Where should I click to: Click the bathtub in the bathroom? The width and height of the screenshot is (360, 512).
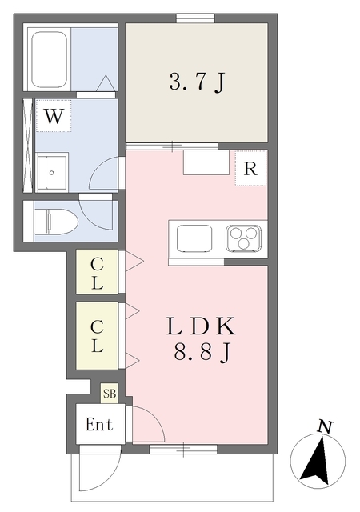[x=50, y=59]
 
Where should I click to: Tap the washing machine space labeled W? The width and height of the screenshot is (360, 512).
[x=54, y=115]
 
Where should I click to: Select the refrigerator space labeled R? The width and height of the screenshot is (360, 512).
[x=250, y=169]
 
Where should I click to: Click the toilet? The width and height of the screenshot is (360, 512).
[x=55, y=222]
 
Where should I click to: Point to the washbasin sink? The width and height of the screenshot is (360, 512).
[x=52, y=172]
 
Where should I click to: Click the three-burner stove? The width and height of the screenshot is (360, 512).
[x=243, y=238]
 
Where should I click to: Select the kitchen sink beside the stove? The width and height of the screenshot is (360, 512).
[x=194, y=238]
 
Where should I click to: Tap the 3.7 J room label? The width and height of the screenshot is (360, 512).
[x=198, y=82]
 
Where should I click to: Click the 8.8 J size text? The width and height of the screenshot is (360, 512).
[x=202, y=353]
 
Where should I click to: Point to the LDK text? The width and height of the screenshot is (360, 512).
[x=201, y=326]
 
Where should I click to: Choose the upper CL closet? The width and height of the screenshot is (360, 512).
[x=97, y=272]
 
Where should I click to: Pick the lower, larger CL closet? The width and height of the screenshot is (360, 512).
[x=97, y=336]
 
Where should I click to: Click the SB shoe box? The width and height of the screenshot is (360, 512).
[x=110, y=394]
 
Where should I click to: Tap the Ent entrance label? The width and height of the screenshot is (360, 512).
[x=99, y=425]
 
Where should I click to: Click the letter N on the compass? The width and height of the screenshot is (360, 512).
[x=326, y=426]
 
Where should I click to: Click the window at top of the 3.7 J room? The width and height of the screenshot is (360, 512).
[x=196, y=18]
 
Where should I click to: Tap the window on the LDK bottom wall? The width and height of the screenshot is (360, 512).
[x=183, y=450]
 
